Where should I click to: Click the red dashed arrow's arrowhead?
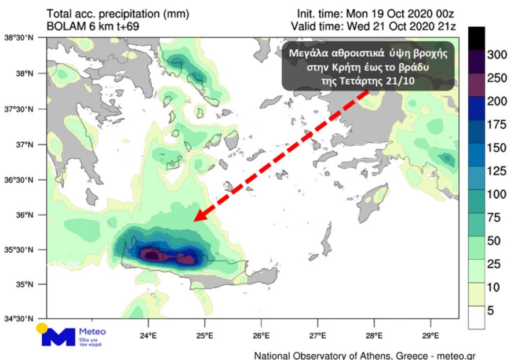(199, 217)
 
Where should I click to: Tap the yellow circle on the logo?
(41, 328)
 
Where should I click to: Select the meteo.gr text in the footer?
(455, 354)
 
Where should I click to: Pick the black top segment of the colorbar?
(476, 37)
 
